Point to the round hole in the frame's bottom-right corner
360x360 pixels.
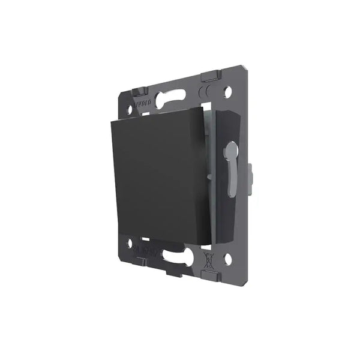(x=228, y=259)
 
